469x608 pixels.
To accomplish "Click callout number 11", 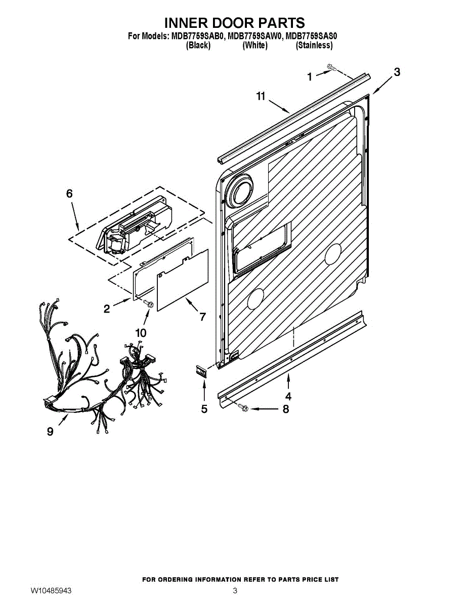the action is [x=261, y=96].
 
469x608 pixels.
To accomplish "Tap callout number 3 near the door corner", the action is [x=396, y=72].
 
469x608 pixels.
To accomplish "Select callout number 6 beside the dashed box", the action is [x=69, y=194].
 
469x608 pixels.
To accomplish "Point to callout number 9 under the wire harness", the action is [x=50, y=432].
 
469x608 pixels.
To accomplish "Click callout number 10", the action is [x=141, y=333].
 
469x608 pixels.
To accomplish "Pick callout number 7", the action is [x=202, y=317].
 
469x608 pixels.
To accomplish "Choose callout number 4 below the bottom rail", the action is [x=288, y=396].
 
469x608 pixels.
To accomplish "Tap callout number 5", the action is [x=204, y=409].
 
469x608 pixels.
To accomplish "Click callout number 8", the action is [x=285, y=409].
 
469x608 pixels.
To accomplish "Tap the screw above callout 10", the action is [x=148, y=303].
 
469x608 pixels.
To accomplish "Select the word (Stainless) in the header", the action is [x=314, y=45].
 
